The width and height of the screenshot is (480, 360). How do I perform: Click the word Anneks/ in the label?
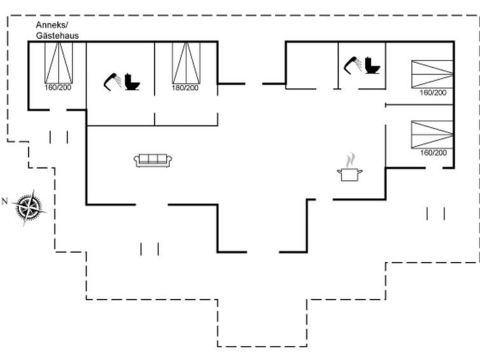(52, 25)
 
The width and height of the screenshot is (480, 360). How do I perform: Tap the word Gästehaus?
(57, 36)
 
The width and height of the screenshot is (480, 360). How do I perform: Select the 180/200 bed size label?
(185, 88)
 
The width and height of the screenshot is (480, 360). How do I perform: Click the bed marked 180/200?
(186, 63)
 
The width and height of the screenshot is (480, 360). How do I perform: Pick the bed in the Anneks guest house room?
(58, 63)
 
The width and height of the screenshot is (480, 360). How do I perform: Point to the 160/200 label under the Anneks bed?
(58, 88)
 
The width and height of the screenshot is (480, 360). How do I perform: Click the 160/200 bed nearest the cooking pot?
(432, 134)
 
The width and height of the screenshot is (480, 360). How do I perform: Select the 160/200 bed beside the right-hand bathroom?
(432, 74)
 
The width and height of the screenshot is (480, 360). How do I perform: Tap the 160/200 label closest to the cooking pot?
(434, 153)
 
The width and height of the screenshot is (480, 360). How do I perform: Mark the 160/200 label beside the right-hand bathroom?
(433, 92)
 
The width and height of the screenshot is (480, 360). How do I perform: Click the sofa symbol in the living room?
(153, 160)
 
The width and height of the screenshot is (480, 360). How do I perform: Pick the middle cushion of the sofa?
(153, 159)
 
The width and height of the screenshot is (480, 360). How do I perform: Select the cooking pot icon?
(350, 174)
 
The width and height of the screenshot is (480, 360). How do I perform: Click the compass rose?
(29, 207)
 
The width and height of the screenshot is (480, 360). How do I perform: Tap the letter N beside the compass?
(4, 201)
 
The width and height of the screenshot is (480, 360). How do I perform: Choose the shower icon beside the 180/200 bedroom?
(112, 82)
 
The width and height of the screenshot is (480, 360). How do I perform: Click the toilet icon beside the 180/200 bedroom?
(132, 82)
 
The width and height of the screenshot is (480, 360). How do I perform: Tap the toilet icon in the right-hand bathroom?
(373, 66)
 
